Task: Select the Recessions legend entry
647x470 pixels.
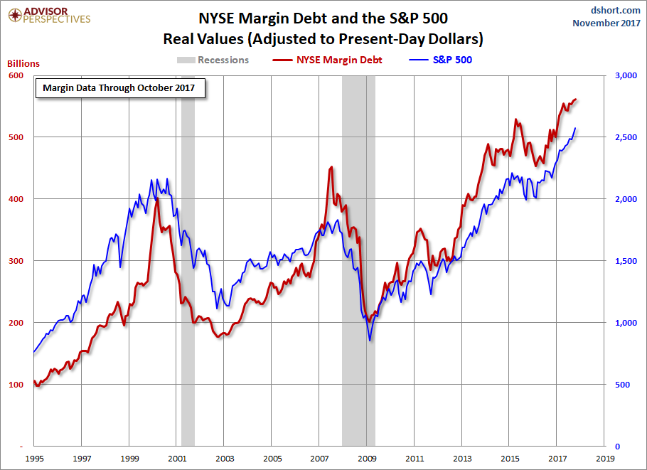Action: [213, 60]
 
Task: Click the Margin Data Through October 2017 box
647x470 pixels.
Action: [120, 88]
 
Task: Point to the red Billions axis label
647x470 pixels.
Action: [23, 63]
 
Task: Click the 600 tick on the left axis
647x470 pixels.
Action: [16, 75]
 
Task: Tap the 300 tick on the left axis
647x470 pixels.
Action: [16, 261]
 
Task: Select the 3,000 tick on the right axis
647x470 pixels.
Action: [621, 75]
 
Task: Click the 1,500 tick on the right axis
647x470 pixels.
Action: [621, 261]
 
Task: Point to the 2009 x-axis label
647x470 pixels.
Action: [367, 459]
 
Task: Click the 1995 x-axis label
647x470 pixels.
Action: [33, 459]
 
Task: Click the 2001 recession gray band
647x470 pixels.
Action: [188, 284]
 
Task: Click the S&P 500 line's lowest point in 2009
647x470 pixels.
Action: [370, 340]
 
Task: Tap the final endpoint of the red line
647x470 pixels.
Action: [576, 100]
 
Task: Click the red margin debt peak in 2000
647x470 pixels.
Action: [157, 199]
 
